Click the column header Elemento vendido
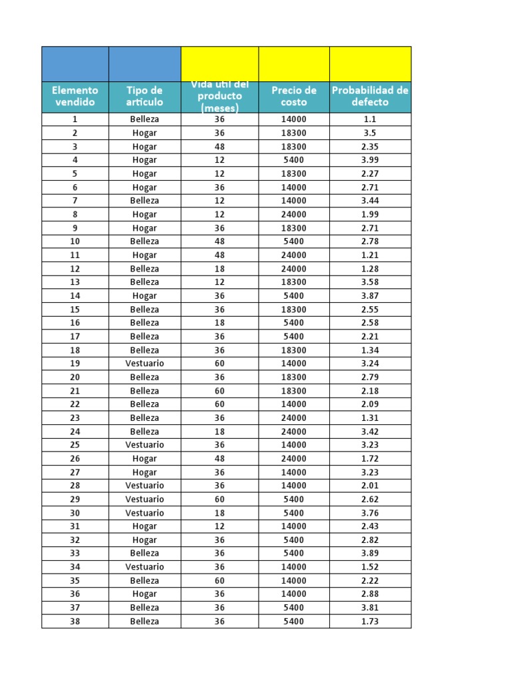pyautogui.click(x=75, y=97)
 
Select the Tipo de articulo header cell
pyautogui.click(x=144, y=97)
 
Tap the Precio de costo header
pyautogui.click(x=294, y=97)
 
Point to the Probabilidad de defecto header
pyautogui.click(x=370, y=97)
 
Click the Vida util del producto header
pyautogui.click(x=219, y=97)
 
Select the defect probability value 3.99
pyautogui.click(x=370, y=160)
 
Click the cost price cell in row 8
pyautogui.click(x=294, y=214)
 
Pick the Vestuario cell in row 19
pyautogui.click(x=144, y=364)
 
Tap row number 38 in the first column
pyautogui.click(x=75, y=621)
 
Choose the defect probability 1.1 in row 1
pyautogui.click(x=370, y=119)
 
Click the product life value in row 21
pyautogui.click(x=219, y=391)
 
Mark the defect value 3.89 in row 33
pyautogui.click(x=370, y=553)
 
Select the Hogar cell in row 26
pyautogui.click(x=144, y=458)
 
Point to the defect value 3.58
pyautogui.click(x=370, y=282)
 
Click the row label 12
pyautogui.click(x=75, y=269)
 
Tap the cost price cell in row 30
pyautogui.click(x=294, y=513)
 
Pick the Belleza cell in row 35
pyautogui.click(x=144, y=580)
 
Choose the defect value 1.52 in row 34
pyautogui.click(x=370, y=567)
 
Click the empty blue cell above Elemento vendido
pyautogui.click(x=75, y=64)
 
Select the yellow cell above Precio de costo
pyautogui.click(x=294, y=64)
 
